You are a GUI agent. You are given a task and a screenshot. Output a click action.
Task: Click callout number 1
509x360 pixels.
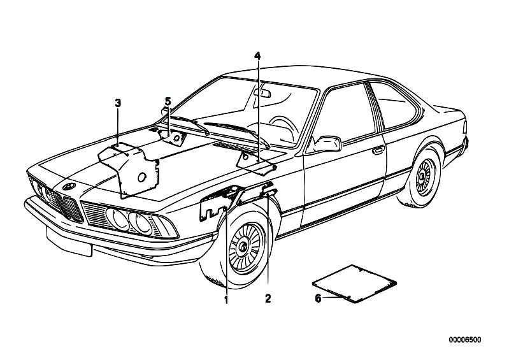coord(226,299)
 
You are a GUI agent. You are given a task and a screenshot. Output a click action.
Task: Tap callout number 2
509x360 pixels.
coord(268,298)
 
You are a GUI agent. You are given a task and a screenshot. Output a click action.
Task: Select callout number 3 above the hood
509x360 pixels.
coord(118,104)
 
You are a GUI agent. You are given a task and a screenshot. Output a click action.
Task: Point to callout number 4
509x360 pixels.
coord(257,56)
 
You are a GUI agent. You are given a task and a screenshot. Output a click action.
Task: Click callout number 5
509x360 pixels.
coord(168,101)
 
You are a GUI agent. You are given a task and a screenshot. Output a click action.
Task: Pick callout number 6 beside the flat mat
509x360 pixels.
coord(318,298)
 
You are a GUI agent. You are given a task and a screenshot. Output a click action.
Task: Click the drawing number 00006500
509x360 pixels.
coord(465,340)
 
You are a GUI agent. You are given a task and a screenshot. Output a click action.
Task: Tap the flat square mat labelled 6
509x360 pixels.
coord(354,284)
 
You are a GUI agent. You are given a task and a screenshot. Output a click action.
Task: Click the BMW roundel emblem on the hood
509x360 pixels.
coord(69,186)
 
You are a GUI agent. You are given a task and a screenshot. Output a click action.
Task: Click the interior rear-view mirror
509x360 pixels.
coord(262,93)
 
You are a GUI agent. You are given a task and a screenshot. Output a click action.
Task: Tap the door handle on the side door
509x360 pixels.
coord(378,150)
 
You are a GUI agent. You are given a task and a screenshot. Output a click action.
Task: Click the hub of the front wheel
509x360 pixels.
coord(243,248)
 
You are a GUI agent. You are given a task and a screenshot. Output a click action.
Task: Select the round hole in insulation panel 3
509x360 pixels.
coord(142,177)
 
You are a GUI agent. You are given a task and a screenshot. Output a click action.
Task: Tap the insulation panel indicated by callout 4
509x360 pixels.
coord(257,163)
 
